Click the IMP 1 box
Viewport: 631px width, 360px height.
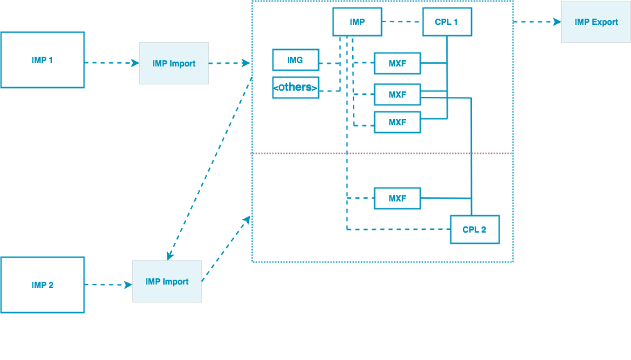(42, 60)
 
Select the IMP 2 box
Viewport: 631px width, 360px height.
(42, 285)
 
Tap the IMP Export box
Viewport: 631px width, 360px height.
(596, 22)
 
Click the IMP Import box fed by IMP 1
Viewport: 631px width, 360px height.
(174, 64)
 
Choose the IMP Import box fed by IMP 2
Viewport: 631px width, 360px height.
(167, 282)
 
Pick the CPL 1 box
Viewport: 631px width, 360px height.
(446, 22)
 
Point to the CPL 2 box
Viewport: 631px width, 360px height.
(474, 230)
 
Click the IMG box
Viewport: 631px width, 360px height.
(295, 60)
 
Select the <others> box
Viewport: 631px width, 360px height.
(295, 87)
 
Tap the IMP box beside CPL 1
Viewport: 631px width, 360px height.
(357, 22)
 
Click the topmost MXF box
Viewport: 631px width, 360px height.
(397, 64)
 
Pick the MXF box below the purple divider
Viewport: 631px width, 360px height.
(397, 199)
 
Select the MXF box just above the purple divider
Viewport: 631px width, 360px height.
(397, 123)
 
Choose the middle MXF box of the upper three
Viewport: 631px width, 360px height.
(397, 95)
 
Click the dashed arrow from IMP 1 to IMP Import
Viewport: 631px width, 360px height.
(111, 63)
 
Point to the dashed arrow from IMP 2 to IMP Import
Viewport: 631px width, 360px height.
(108, 285)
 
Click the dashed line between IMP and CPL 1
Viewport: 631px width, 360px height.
(403, 22)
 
